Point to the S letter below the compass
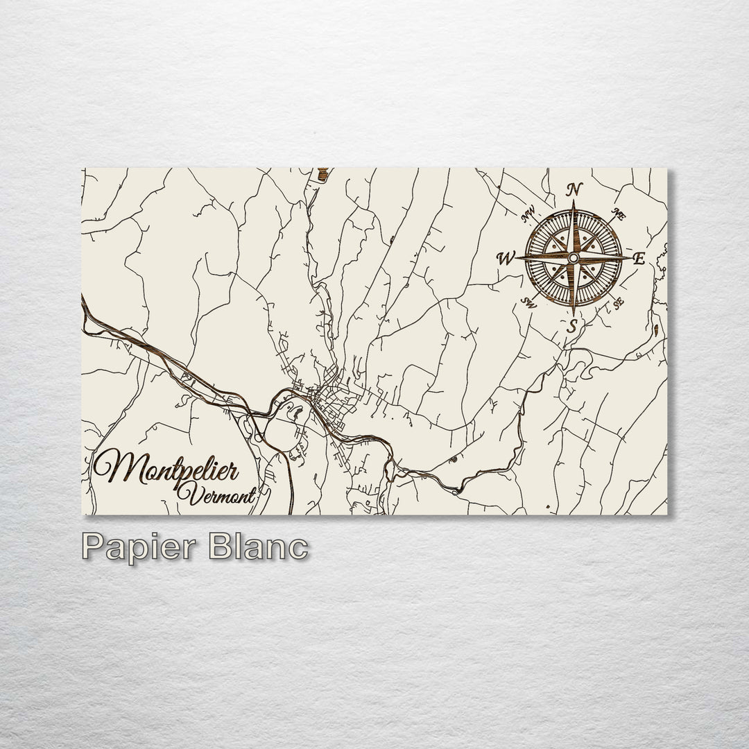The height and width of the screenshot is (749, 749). pos(571,325)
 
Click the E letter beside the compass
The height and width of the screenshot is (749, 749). pos(639,259)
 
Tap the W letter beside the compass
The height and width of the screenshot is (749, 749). pos(505,259)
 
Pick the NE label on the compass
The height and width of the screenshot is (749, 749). pos(619,215)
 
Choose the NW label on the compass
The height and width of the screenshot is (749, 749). pos(528,216)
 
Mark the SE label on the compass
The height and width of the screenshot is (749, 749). pos(617,302)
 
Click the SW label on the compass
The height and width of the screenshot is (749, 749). pos(529,302)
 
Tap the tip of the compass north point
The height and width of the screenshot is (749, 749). pos(574,202)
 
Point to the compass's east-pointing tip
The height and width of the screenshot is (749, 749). pos(630,258)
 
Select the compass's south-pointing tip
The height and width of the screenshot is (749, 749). pos(573,314)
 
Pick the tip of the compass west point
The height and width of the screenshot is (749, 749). pos(516,258)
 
